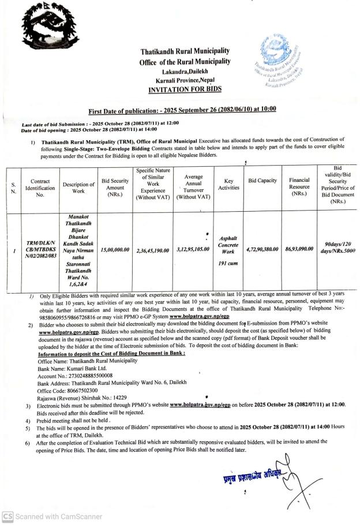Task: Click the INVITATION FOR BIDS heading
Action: (x=181, y=89)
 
